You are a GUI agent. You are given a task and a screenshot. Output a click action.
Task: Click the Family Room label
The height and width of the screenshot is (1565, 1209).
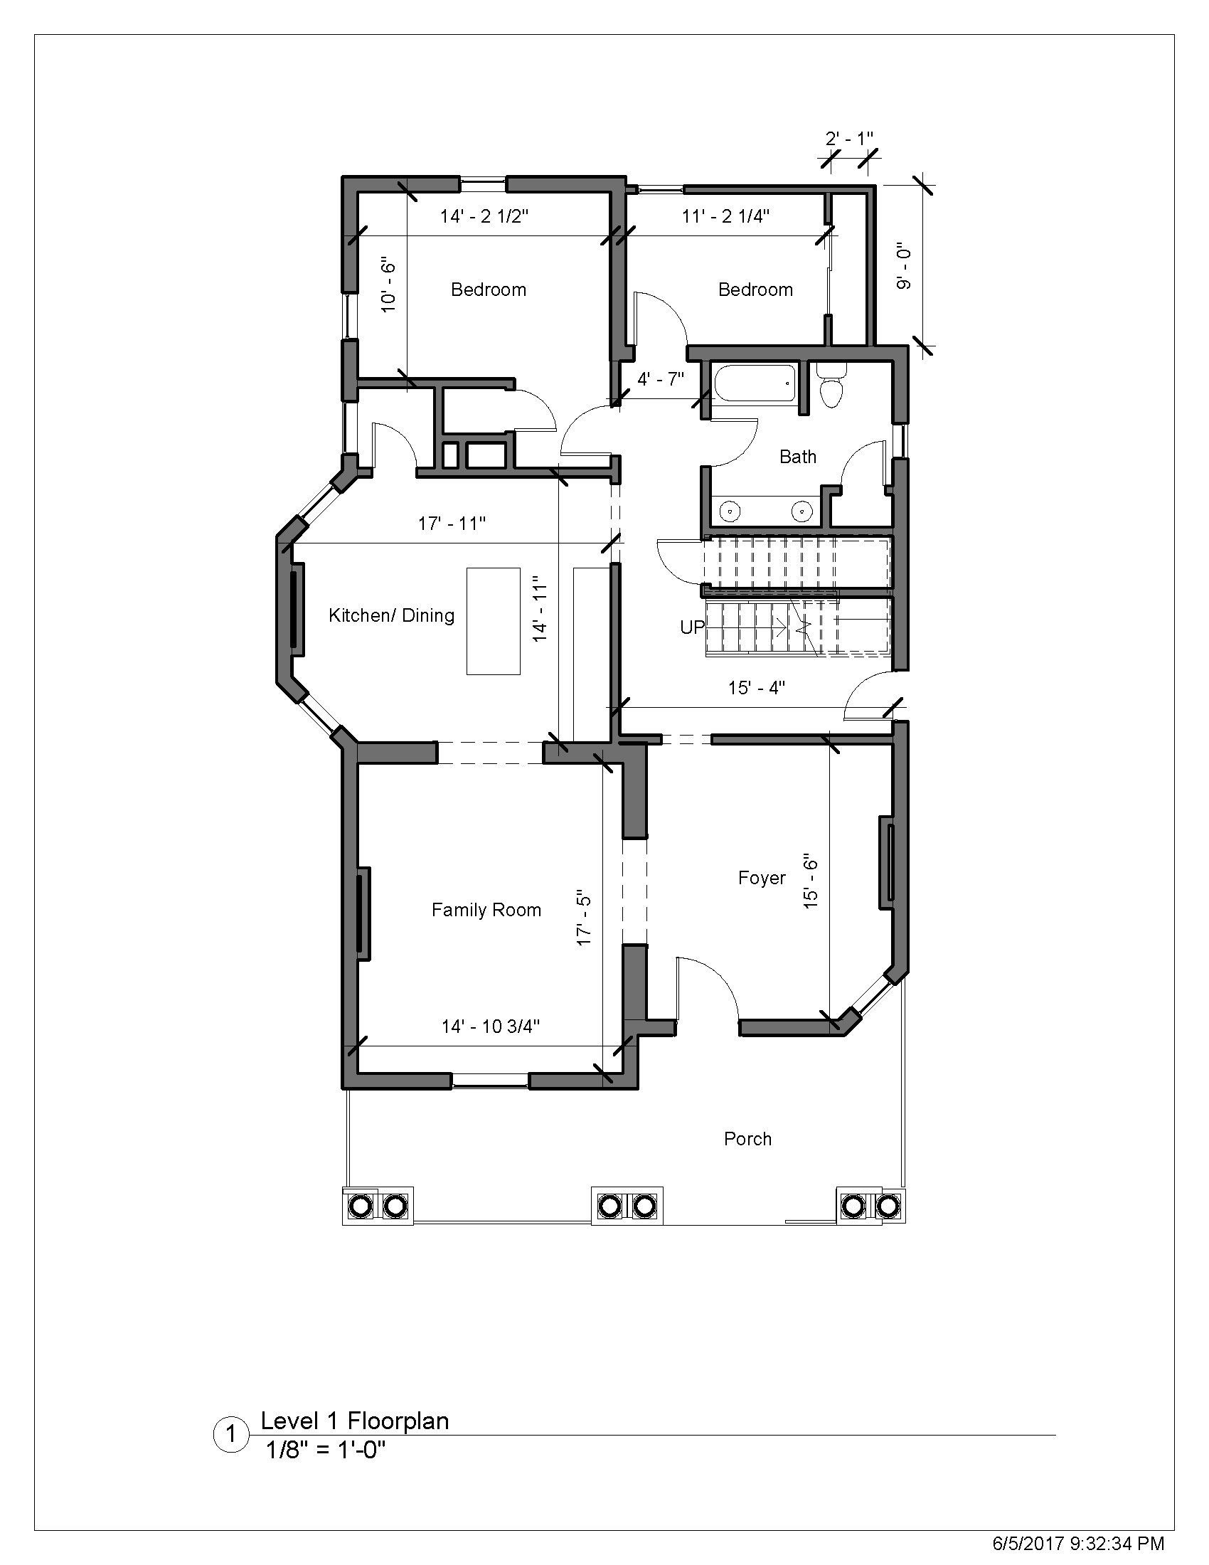pyautogui.click(x=486, y=910)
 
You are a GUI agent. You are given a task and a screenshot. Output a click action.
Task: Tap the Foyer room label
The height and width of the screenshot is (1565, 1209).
pyautogui.click(x=762, y=878)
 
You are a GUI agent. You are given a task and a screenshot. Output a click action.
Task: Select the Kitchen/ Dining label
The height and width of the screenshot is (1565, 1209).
pyautogui.click(x=391, y=615)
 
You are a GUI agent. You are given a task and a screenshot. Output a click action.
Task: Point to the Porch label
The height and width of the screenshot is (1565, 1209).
pyautogui.click(x=747, y=1139)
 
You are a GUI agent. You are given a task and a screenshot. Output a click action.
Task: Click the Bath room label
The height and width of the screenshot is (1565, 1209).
pyautogui.click(x=797, y=457)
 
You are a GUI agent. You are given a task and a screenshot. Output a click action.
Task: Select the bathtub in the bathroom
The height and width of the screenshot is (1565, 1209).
pyautogui.click(x=754, y=383)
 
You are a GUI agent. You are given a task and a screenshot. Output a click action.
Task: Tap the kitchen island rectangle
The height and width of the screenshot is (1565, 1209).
pyautogui.click(x=493, y=620)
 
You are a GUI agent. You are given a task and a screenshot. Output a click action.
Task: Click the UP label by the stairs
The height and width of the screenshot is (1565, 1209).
pyautogui.click(x=692, y=627)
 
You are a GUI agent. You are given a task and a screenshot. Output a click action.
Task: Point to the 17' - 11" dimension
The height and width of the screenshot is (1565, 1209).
pyautogui.click(x=452, y=524)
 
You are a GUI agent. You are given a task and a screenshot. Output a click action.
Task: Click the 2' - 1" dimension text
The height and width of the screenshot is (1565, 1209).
pyautogui.click(x=849, y=138)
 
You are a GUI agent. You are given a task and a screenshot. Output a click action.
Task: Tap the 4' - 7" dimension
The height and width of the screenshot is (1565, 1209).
pyautogui.click(x=661, y=379)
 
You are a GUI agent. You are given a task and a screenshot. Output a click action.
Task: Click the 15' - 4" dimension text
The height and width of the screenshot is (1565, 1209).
pyautogui.click(x=757, y=688)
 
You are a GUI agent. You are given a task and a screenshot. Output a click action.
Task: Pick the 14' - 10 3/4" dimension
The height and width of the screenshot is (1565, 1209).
pyautogui.click(x=490, y=1026)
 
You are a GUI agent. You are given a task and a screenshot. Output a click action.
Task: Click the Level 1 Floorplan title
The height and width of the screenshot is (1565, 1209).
pyautogui.click(x=355, y=1421)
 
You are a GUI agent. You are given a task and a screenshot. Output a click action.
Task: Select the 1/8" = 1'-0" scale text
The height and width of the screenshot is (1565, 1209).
pyautogui.click(x=325, y=1450)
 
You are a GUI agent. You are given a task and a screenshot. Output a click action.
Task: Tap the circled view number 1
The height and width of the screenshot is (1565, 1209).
pyautogui.click(x=231, y=1436)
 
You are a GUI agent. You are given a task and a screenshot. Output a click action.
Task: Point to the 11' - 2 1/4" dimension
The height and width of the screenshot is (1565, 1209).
pyautogui.click(x=725, y=216)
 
